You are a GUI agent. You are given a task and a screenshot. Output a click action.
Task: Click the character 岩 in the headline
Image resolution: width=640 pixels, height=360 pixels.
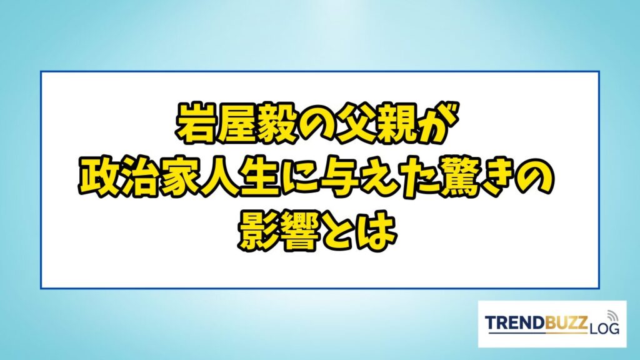point(195,124)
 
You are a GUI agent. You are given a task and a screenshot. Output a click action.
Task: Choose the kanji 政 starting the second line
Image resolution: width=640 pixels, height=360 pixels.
point(97,177)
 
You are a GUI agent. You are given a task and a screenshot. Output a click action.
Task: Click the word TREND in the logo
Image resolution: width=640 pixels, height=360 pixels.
point(515,323)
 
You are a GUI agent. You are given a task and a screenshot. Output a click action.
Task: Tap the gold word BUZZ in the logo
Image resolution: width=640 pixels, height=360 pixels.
point(566,323)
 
